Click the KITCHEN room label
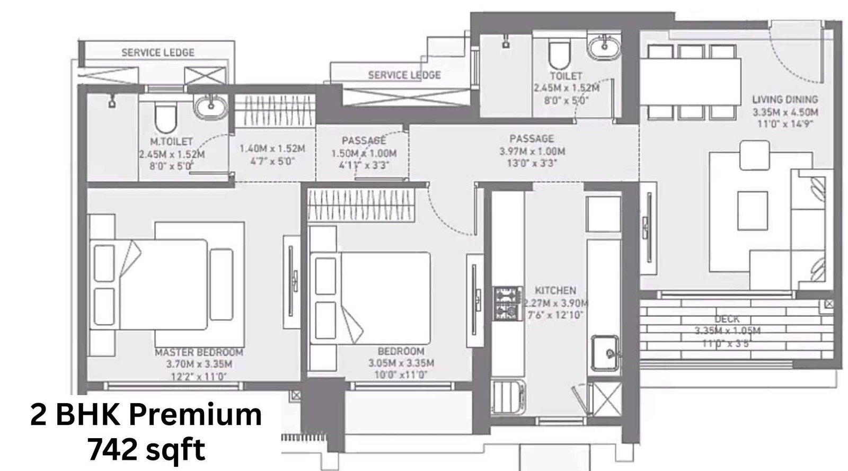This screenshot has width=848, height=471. point(555,290)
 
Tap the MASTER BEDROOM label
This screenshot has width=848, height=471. point(199,352)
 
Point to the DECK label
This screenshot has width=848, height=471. point(727,319)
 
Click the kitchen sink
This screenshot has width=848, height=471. point(605,352)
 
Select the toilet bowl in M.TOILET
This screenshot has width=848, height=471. point(164,118)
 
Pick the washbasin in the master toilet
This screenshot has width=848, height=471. point(210,107)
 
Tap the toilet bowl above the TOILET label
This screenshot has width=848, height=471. point(558,56)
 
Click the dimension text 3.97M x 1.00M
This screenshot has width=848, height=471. point(532,151)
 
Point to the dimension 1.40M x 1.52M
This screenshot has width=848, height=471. point(272,149)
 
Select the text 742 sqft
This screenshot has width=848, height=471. point(146,451)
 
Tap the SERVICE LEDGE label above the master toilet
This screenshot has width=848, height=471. point(158,52)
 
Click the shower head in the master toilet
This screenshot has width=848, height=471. point(111,101)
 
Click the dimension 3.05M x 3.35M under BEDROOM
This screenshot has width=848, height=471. point(401,363)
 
